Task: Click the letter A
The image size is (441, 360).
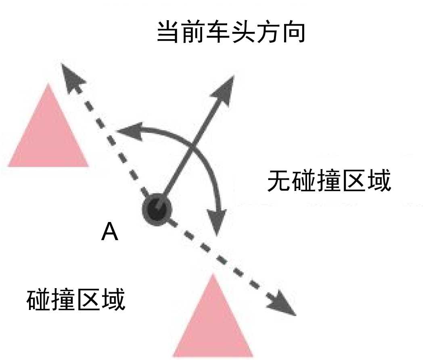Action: click(x=110, y=232)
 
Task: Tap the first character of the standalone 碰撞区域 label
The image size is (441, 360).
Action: click(x=39, y=300)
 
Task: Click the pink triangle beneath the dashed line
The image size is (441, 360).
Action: click(x=213, y=323)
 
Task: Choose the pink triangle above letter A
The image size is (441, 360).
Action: click(x=48, y=133)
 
